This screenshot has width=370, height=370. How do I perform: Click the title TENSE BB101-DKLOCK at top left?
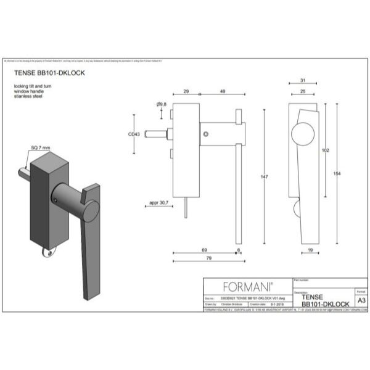(49, 72)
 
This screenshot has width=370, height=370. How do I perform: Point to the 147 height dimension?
(265, 178)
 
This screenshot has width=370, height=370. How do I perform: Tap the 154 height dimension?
(337, 174)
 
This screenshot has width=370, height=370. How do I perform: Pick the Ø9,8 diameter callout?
(163, 106)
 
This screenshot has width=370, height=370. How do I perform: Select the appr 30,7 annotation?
(158, 202)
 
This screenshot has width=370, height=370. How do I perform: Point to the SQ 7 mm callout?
(41, 148)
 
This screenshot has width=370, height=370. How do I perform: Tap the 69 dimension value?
(203, 249)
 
